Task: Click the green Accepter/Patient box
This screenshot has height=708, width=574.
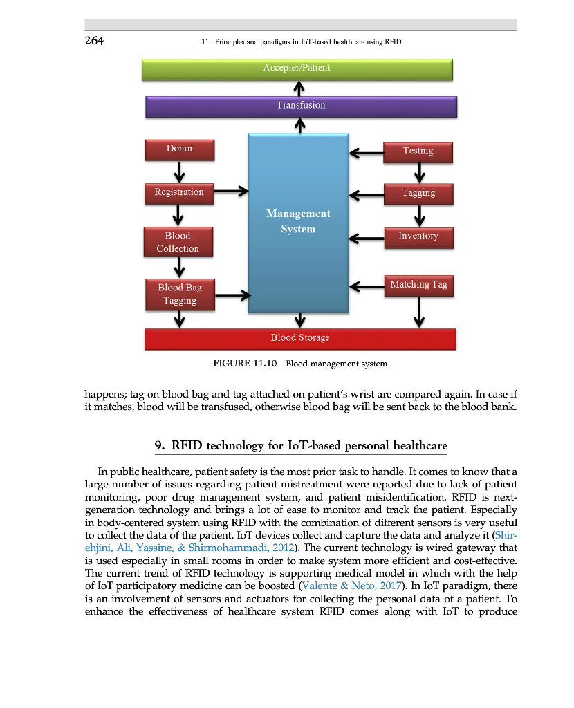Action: point(297,69)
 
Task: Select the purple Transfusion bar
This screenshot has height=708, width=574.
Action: point(301,106)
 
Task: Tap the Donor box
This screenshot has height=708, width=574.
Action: point(180,149)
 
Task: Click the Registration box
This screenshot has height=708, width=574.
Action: point(179,193)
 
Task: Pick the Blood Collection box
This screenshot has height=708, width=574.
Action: point(178,243)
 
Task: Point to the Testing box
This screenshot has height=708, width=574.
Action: point(418,151)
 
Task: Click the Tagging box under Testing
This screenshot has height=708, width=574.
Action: point(418,194)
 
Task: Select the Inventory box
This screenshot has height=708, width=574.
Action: point(418,236)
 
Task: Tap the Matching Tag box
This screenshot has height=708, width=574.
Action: point(418,285)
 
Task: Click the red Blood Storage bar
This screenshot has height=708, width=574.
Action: point(300,338)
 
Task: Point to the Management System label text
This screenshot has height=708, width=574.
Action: point(298,221)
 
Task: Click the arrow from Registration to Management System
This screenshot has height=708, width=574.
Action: point(230,190)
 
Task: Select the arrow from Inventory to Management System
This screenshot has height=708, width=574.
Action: point(367,239)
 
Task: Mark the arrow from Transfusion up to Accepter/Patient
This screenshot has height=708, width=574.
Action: point(298,88)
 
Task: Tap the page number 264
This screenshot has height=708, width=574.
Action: point(94,41)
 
